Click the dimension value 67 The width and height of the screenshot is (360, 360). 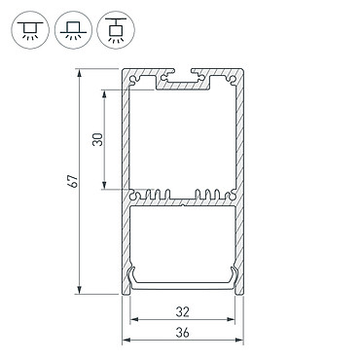coord(74,181)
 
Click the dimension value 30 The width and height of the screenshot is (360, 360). coord(97,139)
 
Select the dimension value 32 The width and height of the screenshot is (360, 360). coord(182,312)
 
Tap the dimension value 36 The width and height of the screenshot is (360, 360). coord(182,333)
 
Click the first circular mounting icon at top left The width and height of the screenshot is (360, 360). coord(30,30)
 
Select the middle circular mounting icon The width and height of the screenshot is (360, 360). coord(73,30)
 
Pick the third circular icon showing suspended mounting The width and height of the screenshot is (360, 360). coord(116,30)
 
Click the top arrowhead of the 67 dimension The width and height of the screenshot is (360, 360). coord(79,73)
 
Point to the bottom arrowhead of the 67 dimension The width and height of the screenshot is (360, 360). coord(79,290)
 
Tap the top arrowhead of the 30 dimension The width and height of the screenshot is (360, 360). coord(104,93)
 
